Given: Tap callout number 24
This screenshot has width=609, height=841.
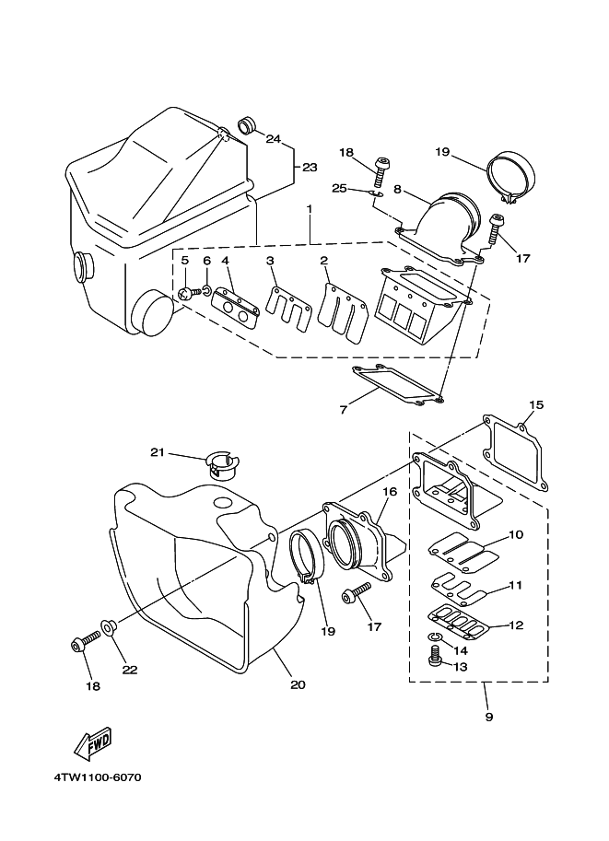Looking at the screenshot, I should tap(273, 139).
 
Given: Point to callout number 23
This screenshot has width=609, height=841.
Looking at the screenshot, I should tap(310, 168).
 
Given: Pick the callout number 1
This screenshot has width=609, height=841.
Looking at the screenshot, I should tap(310, 208).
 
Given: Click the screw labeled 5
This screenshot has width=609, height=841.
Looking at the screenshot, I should tap(185, 294).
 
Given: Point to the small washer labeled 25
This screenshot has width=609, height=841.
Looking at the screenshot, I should tap(373, 193).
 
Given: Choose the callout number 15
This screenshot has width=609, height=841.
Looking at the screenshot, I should tap(536, 404).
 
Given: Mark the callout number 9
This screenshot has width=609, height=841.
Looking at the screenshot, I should tap(488, 717).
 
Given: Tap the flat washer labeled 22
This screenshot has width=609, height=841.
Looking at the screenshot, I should tap(110, 629).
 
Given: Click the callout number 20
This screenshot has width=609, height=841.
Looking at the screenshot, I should tap(297, 684).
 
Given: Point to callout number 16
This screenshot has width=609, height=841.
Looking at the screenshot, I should tap(390, 492).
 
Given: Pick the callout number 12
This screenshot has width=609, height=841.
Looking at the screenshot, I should tap(516, 625).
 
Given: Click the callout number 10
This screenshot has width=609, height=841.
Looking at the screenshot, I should tap(516, 533).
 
